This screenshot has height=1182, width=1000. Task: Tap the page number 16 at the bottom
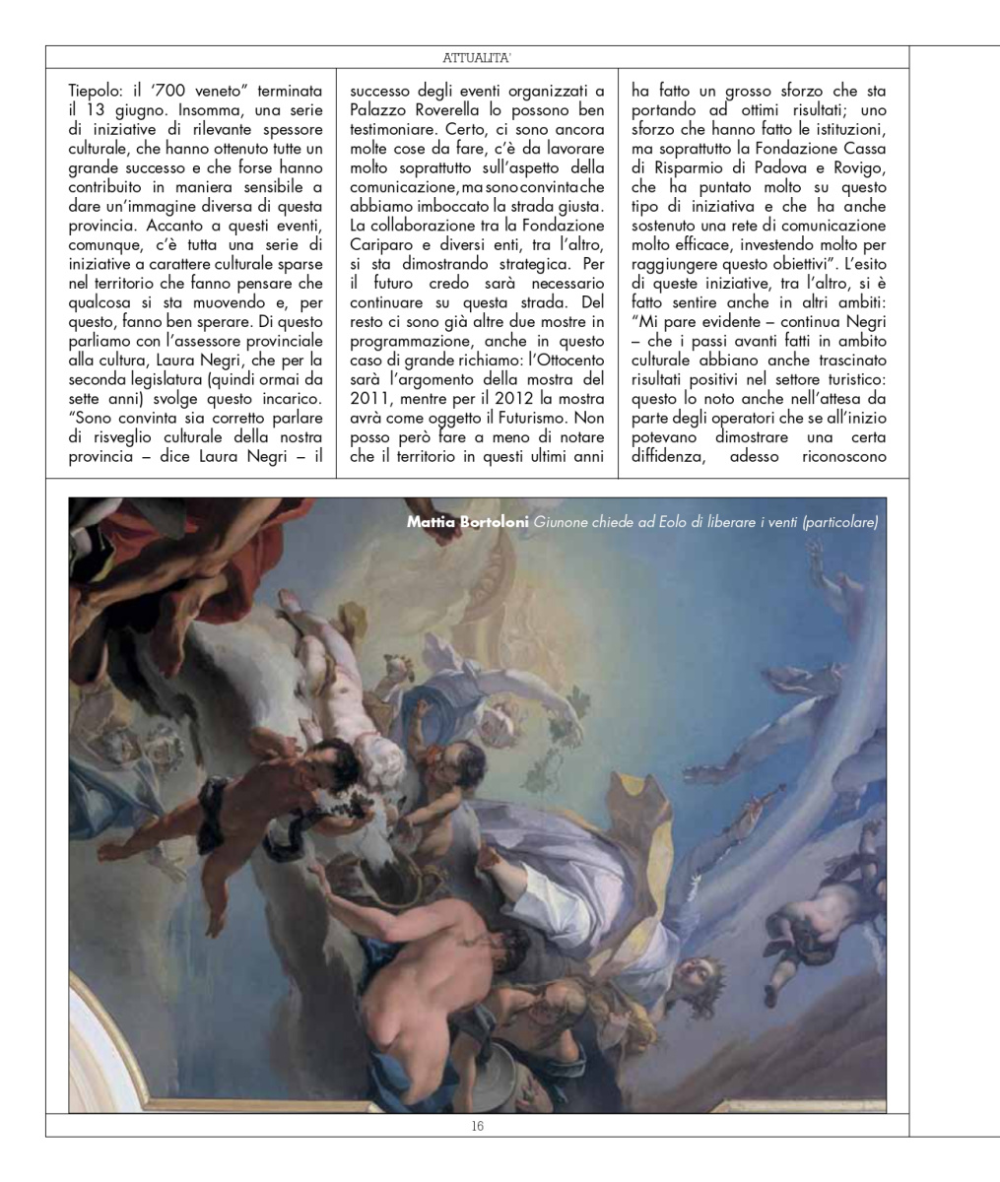(x=476, y=1125)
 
